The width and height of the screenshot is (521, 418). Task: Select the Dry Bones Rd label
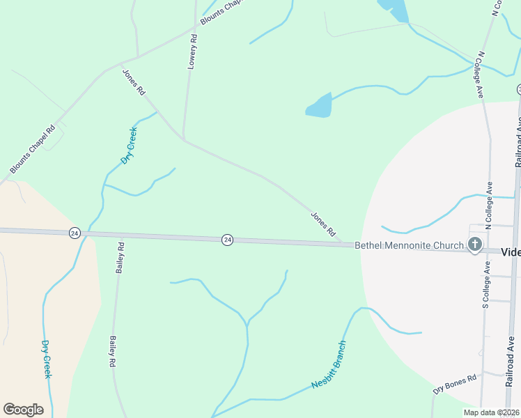[454, 384]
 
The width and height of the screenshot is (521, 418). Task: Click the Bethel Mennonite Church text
[409, 245]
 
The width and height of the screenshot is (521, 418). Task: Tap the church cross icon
[475, 245]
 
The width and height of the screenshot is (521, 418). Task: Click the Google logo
[23, 410]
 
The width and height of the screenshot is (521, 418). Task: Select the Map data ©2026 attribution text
[491, 412]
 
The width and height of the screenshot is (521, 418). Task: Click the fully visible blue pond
[320, 106]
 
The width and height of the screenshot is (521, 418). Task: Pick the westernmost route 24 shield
[75, 233]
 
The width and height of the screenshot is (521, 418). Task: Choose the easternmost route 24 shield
[227, 240]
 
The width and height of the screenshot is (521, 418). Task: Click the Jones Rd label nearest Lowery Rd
[134, 82]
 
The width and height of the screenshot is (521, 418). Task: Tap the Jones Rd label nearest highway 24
[323, 224]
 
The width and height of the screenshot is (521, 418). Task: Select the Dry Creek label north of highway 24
[129, 145]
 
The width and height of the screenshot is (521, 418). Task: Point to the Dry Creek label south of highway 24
[47, 359]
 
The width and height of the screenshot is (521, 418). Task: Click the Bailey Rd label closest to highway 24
[121, 256]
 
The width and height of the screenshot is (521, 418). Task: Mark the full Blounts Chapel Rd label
[32, 150]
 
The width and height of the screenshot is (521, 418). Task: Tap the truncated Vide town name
[511, 251]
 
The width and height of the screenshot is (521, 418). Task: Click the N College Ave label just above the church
[489, 206]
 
